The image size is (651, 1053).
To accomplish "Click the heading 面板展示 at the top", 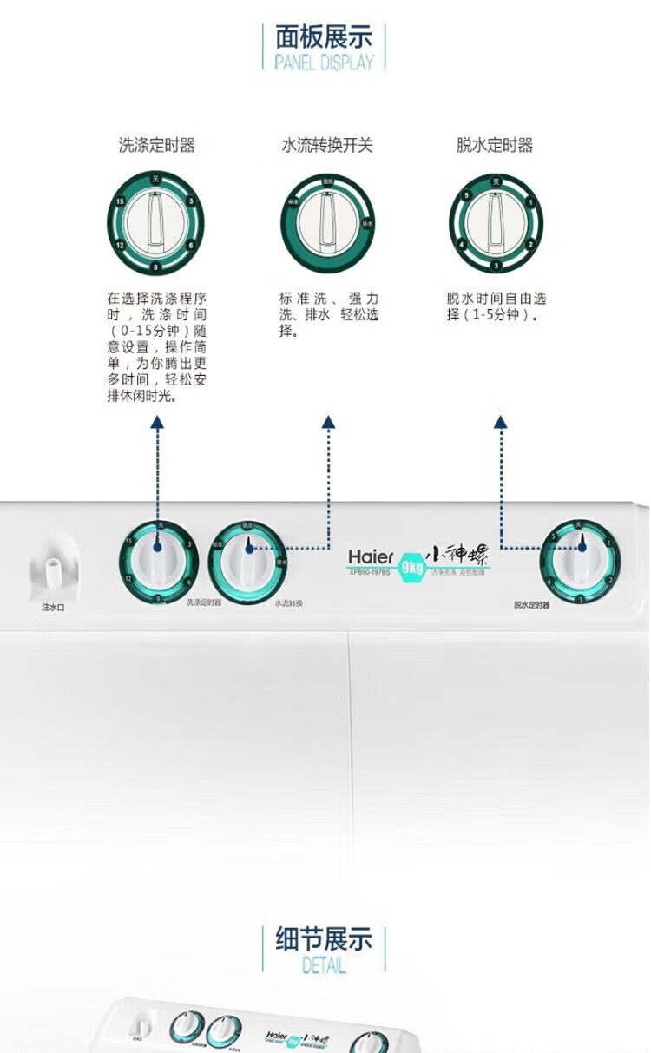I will click(324, 37).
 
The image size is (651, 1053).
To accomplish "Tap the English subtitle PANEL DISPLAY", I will click(324, 63).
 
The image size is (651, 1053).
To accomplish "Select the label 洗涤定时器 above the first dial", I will click(157, 146).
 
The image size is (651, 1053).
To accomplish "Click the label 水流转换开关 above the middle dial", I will click(327, 146).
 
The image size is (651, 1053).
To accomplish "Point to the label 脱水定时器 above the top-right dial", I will click(495, 146).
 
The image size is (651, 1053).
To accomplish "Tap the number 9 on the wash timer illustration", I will click(155, 267).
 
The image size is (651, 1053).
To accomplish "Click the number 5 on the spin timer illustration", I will click(467, 197).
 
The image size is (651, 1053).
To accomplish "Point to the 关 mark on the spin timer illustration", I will click(495, 181).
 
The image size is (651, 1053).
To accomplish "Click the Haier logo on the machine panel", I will click(372, 556).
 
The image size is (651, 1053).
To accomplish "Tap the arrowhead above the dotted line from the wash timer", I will click(157, 422).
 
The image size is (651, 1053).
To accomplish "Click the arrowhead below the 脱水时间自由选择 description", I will click(500, 422).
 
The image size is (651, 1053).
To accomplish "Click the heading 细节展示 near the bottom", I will click(324, 939).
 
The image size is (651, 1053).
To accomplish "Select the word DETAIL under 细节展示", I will click(324, 964).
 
